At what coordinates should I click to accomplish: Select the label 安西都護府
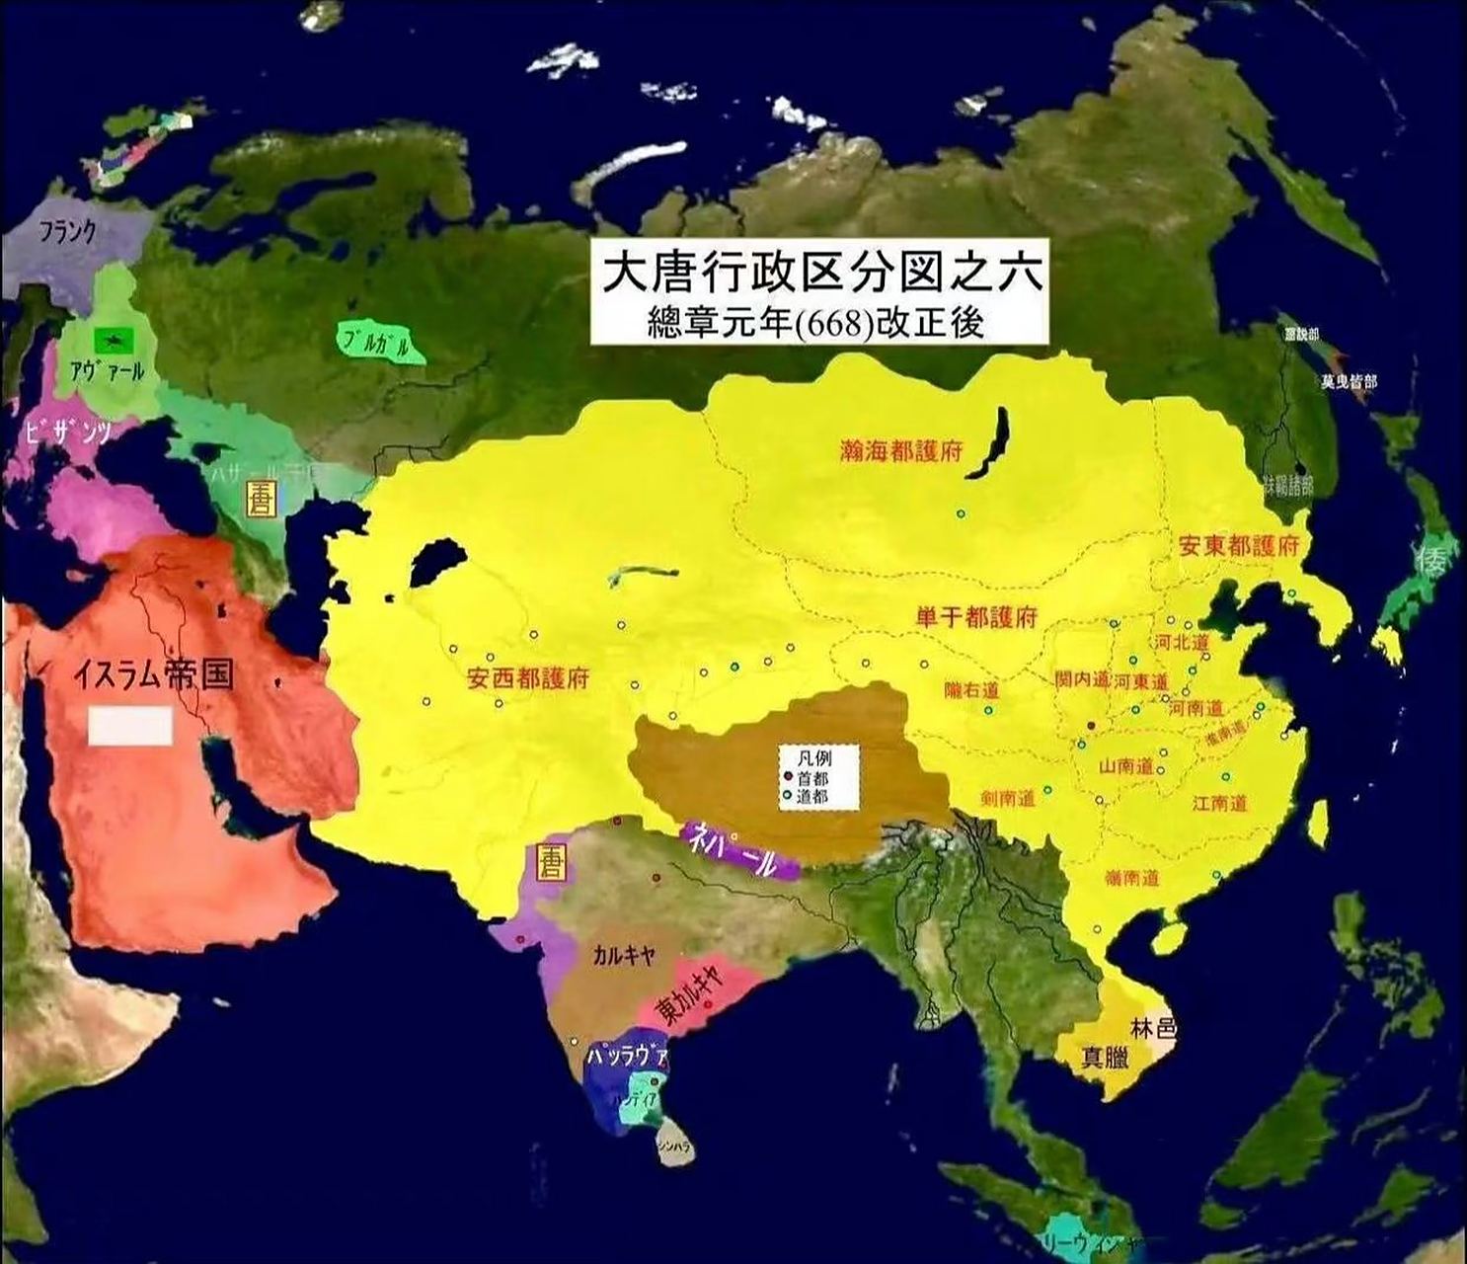tap(528, 678)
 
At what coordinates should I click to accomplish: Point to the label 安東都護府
tap(1239, 545)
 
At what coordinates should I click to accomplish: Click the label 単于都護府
tap(976, 618)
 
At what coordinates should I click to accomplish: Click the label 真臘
tap(1103, 1058)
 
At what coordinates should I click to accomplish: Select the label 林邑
tap(1153, 1026)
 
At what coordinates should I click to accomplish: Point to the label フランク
tap(68, 232)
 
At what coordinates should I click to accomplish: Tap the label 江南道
tap(1219, 803)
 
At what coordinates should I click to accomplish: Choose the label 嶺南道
tap(1131, 877)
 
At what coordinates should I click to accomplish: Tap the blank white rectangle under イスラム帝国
tap(130, 726)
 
